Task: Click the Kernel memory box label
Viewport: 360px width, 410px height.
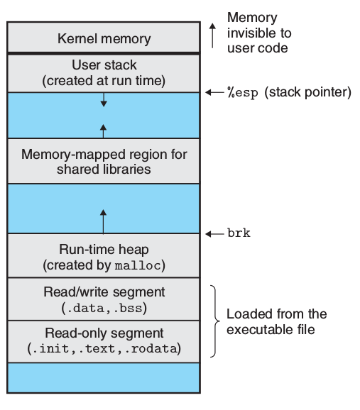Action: (104, 38)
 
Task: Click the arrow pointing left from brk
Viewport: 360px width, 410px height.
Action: (213, 233)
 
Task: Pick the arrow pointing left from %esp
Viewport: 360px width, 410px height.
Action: (213, 93)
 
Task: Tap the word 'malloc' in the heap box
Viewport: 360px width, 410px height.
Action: (139, 265)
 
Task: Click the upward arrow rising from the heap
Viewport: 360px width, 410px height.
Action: (104, 221)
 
